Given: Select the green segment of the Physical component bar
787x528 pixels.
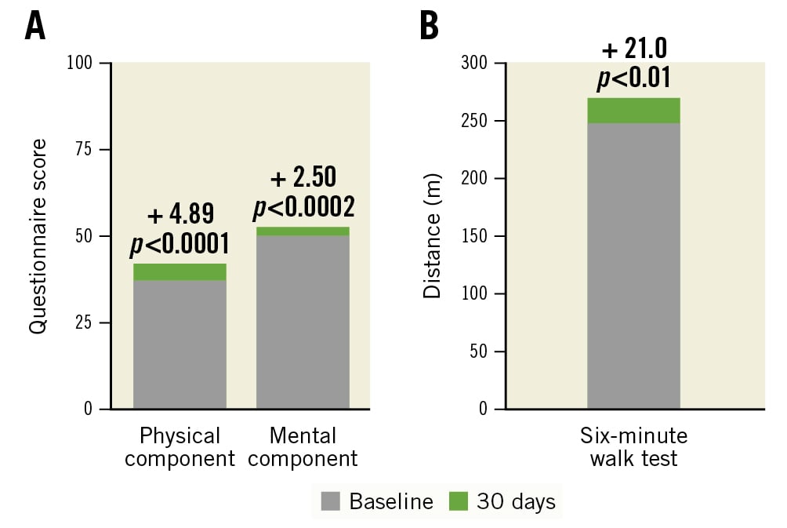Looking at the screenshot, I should pyautogui.click(x=180, y=271).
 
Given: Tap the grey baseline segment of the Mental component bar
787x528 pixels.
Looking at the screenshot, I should pyautogui.click(x=303, y=322).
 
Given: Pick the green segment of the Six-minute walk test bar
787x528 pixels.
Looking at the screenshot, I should pyautogui.click(x=633, y=111).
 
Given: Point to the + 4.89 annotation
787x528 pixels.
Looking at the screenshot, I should pyautogui.click(x=180, y=214).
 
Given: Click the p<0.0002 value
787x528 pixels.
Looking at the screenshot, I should pyautogui.click(x=303, y=208).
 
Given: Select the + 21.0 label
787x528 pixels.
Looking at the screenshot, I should pyautogui.click(x=633, y=49).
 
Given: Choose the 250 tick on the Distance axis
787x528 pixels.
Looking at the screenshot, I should pyautogui.click(x=476, y=121).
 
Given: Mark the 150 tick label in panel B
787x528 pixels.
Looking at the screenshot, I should pyautogui.click(x=476, y=236).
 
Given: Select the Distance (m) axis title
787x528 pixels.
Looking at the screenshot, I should pyautogui.click(x=432, y=236).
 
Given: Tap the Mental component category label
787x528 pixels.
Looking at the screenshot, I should pyautogui.click(x=303, y=446).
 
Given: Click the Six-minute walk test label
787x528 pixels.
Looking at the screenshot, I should pyautogui.click(x=633, y=446).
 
